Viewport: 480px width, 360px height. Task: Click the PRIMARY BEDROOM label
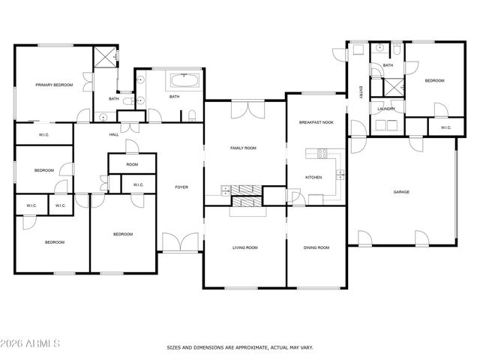click(54, 85)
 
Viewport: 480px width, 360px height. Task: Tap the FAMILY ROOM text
click(243, 148)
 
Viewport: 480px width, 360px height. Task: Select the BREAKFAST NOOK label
click(316, 121)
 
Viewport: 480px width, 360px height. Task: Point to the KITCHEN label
click(313, 177)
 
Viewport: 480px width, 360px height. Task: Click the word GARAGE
click(402, 192)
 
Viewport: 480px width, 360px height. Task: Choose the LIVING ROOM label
click(244, 247)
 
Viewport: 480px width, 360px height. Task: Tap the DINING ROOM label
click(316, 247)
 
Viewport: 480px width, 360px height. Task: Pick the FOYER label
click(181, 187)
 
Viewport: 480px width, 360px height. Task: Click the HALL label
click(114, 135)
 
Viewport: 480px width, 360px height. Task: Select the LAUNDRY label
click(387, 109)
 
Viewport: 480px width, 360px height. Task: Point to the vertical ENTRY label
click(360, 93)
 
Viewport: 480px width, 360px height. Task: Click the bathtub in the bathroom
click(184, 80)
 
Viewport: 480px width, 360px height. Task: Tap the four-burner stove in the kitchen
click(323, 154)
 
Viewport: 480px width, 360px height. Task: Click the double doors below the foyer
click(180, 243)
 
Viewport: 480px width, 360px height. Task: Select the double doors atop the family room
click(247, 111)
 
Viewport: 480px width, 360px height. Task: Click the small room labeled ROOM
click(132, 164)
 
